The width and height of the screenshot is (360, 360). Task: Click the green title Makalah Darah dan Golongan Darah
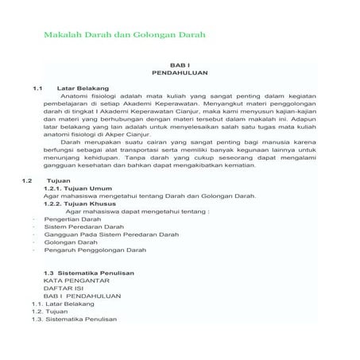tap(124, 36)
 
